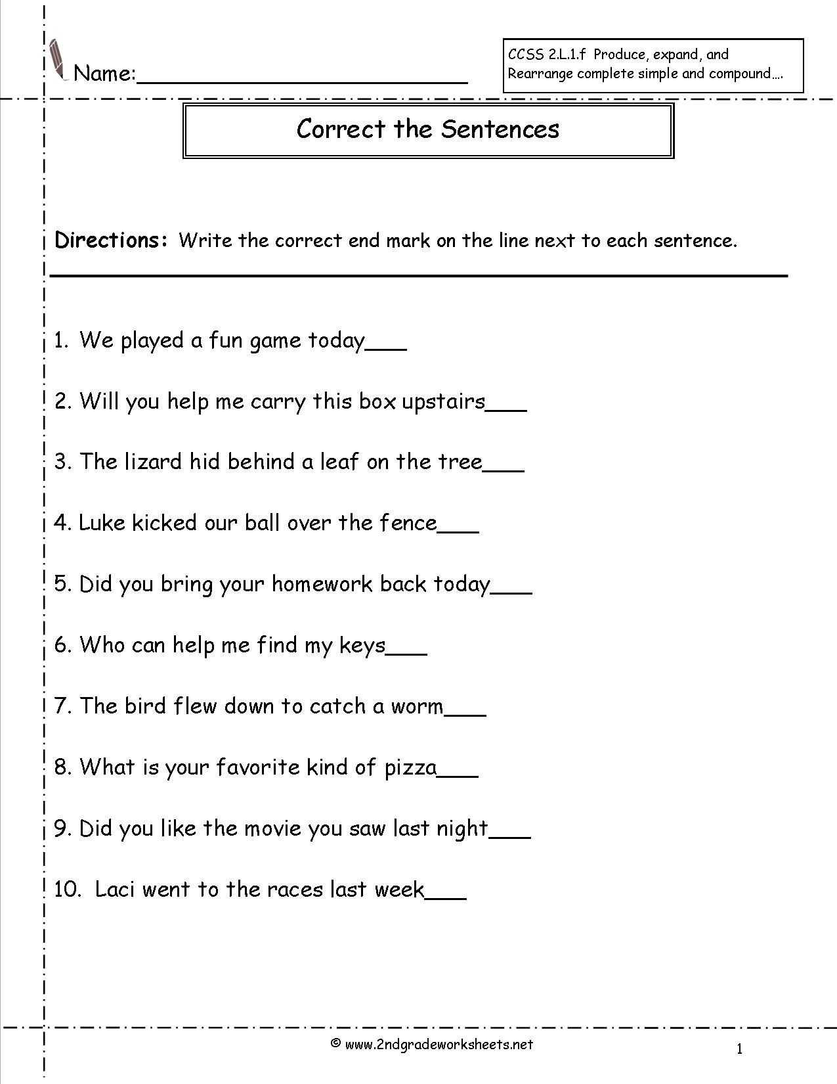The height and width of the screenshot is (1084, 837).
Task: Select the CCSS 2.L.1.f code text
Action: point(546,55)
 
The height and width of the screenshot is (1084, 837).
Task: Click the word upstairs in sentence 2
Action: point(443,401)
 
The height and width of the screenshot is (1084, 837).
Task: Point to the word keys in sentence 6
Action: point(362,646)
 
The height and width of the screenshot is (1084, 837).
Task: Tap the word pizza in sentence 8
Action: point(410,767)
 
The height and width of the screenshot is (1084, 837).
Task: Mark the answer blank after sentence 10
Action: point(446,897)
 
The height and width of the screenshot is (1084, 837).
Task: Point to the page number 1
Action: point(739,1049)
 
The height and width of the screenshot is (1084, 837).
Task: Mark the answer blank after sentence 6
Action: point(407,652)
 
